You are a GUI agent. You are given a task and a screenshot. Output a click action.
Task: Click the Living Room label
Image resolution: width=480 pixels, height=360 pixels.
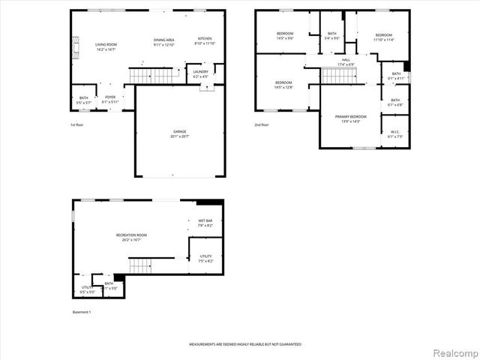[x=105, y=46]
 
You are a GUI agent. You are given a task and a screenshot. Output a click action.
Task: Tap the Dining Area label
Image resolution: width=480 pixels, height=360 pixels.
[x=163, y=41]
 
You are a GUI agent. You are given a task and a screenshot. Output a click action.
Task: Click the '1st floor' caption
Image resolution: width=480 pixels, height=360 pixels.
[x=77, y=124]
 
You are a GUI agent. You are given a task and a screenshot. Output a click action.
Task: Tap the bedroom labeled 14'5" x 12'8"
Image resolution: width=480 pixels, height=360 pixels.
[x=283, y=84]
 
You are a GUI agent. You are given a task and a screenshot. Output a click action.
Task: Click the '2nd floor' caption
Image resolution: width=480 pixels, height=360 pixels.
[x=262, y=124]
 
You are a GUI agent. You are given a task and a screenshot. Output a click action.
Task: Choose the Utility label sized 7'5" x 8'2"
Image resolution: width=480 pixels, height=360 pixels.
[x=205, y=259]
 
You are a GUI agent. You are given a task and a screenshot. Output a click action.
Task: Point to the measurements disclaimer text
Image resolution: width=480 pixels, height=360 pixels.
[x=244, y=343]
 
